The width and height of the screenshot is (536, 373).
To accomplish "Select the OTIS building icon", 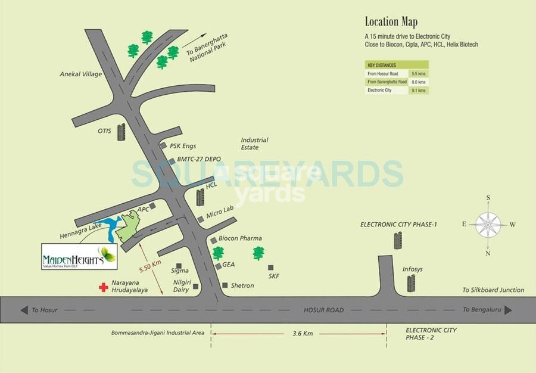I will (x=121, y=132).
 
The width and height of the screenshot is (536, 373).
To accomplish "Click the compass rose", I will (x=488, y=225).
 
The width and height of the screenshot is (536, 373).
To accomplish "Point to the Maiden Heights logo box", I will (x=79, y=257).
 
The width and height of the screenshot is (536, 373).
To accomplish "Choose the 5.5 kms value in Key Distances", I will (x=419, y=73).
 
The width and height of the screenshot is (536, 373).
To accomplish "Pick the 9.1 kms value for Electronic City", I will (x=419, y=90).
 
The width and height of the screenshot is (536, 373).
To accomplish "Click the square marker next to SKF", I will (x=271, y=268).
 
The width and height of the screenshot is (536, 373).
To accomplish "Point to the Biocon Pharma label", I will (x=240, y=238).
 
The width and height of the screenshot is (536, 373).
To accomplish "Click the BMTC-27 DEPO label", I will (x=195, y=160).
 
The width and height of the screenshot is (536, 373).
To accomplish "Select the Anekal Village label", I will (x=81, y=74).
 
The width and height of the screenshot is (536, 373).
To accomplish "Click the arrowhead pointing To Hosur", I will (x=24, y=310).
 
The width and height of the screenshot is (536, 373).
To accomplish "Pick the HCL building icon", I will (x=200, y=196).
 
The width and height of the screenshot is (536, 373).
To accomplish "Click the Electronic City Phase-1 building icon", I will (x=398, y=241).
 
